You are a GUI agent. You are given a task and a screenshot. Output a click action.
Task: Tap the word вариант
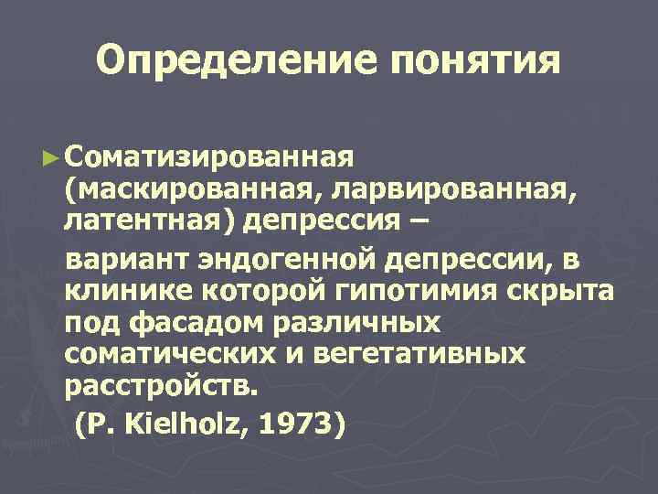[x=127, y=260]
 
